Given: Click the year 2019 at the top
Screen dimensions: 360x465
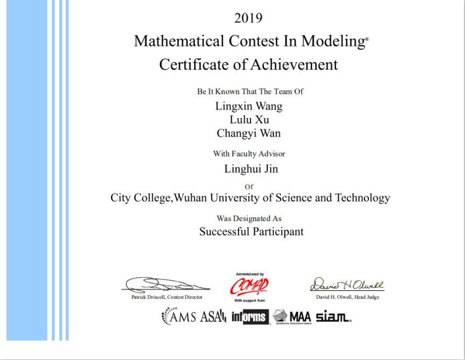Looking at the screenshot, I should [x=248, y=18].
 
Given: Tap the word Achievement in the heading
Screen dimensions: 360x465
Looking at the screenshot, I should [x=294, y=65].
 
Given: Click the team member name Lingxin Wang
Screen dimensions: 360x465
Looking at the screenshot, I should [x=249, y=106].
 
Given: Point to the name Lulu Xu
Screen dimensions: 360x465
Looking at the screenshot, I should [x=249, y=120].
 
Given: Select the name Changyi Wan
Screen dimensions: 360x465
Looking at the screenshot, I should [x=249, y=133].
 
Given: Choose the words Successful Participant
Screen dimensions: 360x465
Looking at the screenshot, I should [x=251, y=231].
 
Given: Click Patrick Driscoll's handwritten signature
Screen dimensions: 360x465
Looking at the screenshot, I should [x=166, y=284].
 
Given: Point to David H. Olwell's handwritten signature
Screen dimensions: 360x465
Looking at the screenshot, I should [x=347, y=284].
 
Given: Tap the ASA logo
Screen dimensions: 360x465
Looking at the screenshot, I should [x=213, y=317].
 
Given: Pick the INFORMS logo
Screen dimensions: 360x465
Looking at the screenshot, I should [x=250, y=317].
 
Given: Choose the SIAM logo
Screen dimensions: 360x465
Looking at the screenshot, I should [x=333, y=317].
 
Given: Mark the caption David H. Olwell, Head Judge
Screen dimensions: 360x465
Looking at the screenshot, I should [x=346, y=297].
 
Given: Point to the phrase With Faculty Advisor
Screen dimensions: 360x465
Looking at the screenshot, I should [x=249, y=154].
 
